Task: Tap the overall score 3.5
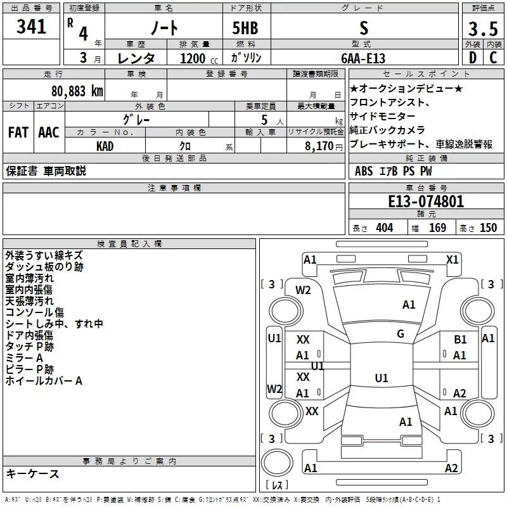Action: (x=481, y=29)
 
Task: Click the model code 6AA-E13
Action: (x=363, y=58)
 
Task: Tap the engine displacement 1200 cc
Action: (x=193, y=58)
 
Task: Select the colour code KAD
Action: (x=105, y=145)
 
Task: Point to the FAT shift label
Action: (x=18, y=132)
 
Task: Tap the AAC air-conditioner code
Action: (x=48, y=132)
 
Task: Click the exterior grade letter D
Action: (x=472, y=58)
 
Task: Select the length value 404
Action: (x=383, y=228)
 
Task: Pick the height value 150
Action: (x=488, y=228)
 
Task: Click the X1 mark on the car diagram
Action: (x=452, y=259)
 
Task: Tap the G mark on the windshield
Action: (x=400, y=334)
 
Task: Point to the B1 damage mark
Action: (x=460, y=340)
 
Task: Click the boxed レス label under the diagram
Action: (x=277, y=485)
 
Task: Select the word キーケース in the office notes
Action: (x=33, y=474)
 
